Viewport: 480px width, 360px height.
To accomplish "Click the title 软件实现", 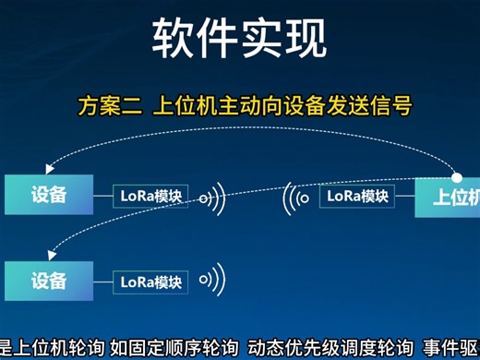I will [239, 38].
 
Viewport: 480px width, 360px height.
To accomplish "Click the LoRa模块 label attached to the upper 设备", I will [151, 197].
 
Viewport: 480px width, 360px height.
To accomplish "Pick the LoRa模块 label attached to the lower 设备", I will [151, 282].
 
